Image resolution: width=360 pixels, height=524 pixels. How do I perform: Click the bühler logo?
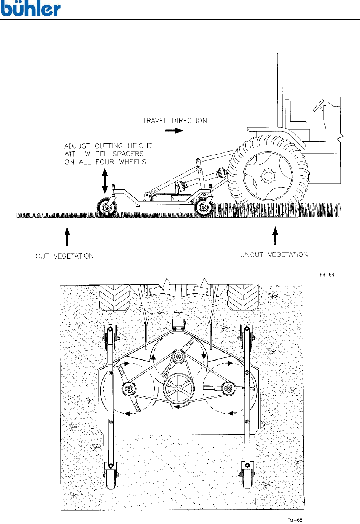[x=31, y=9]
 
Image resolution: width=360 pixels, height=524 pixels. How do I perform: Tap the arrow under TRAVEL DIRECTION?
[x=174, y=131]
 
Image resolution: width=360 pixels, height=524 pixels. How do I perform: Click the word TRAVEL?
[x=155, y=121]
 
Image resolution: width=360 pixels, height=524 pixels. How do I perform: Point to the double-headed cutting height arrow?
[x=105, y=181]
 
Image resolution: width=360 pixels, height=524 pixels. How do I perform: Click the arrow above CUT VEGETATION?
[x=67, y=236]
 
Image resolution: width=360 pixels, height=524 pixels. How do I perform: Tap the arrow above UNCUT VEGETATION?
[x=275, y=236]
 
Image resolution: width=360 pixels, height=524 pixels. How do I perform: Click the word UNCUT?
[x=252, y=255]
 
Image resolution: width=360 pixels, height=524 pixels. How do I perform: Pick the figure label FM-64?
[x=327, y=275]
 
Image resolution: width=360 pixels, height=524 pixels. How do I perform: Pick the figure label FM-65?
[x=295, y=520]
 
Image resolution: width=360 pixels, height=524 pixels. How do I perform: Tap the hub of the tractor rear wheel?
[x=268, y=176]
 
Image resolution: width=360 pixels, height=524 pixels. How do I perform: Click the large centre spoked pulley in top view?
[x=178, y=388]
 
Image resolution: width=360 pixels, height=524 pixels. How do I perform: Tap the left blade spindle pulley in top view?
[x=129, y=389]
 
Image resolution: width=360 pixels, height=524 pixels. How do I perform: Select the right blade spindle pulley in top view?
[x=228, y=388]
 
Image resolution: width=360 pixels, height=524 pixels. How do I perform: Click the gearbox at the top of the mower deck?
[x=178, y=324]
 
